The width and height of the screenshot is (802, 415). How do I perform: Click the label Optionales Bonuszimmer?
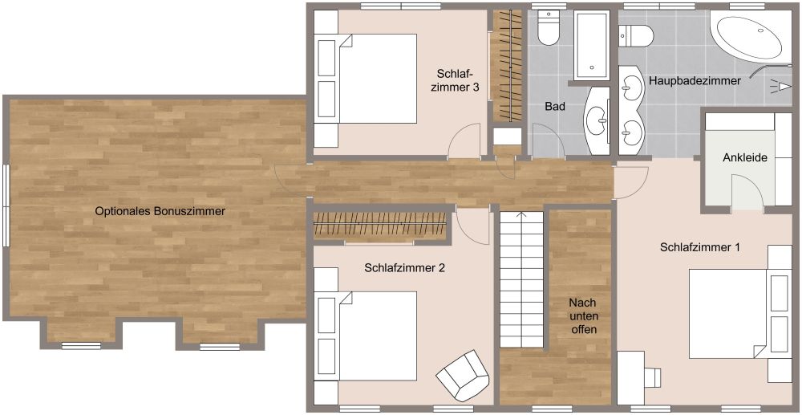click(x=160, y=211)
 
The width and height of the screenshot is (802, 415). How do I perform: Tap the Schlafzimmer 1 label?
click(x=700, y=247)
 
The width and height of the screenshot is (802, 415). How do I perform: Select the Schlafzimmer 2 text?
click(x=405, y=267)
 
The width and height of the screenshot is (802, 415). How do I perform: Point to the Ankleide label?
click(x=745, y=158)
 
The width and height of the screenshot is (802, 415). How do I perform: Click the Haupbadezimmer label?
click(x=695, y=81)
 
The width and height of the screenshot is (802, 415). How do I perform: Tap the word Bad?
click(x=555, y=107)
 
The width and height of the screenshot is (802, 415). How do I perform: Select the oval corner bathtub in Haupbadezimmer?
click(x=749, y=38)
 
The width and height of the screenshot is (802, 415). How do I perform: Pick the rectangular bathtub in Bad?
click(x=592, y=46)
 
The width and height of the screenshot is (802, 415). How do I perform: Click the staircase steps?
click(x=521, y=279)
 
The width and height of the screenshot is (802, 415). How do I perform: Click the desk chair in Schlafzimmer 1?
click(x=651, y=377)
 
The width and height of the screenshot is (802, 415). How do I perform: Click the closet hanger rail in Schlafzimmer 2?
click(x=379, y=224)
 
